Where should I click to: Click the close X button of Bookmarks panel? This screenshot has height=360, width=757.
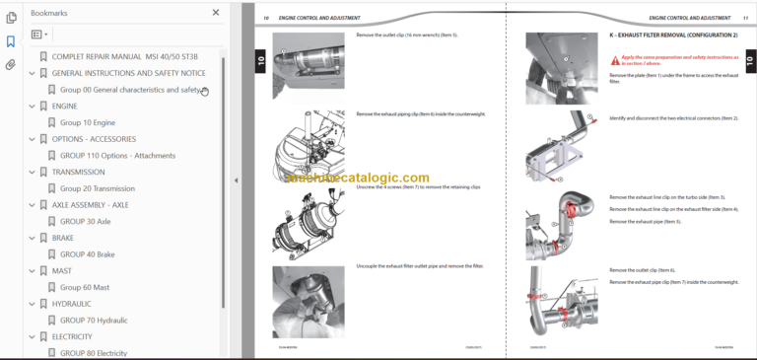[x=216, y=13]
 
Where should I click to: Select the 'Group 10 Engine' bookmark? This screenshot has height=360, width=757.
[x=87, y=122]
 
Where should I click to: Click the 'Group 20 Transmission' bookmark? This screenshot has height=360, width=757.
[x=97, y=188]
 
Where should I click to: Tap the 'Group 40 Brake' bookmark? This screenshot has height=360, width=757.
[x=87, y=254]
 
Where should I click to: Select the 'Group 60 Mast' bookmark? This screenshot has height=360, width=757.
[x=85, y=287]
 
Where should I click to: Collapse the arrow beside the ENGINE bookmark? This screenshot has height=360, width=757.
[x=32, y=106]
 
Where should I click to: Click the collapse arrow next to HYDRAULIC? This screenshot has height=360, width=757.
[x=32, y=304]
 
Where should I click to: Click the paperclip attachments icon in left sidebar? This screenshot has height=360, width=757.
[x=11, y=65]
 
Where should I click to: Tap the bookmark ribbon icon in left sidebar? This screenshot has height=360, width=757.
[x=11, y=41]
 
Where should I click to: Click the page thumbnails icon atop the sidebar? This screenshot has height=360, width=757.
[x=11, y=18]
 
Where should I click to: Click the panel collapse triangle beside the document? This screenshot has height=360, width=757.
[x=236, y=180]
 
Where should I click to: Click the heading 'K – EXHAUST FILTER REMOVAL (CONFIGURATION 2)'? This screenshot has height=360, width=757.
[x=672, y=35]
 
